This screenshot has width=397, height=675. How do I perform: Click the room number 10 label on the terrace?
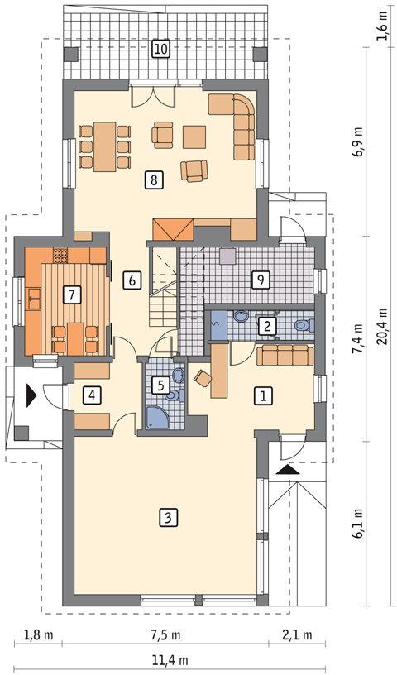tap(160, 49)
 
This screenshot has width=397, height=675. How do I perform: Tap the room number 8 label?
tap(154, 180)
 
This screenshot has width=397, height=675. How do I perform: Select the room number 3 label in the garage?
tap(168, 518)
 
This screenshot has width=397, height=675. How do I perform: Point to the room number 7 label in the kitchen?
tap(71, 294)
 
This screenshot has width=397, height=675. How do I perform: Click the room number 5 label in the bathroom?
tap(160, 384)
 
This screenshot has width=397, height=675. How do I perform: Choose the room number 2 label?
tap(267, 326)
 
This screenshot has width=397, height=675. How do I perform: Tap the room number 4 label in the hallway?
tap(92, 395)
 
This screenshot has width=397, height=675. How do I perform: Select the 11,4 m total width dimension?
tap(170, 660)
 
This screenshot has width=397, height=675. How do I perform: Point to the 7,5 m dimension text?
tap(165, 634)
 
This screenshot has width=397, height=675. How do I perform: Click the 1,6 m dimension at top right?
tap(382, 26)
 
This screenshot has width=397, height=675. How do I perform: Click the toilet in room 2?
tap(304, 325)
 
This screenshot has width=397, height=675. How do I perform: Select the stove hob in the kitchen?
tap(61, 256)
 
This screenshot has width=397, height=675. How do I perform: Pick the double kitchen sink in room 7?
tap(34, 299)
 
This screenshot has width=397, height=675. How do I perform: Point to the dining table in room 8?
tap(105, 146)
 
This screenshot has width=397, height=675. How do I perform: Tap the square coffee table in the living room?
tap(194, 136)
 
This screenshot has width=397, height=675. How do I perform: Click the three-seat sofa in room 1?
tap(285, 355)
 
